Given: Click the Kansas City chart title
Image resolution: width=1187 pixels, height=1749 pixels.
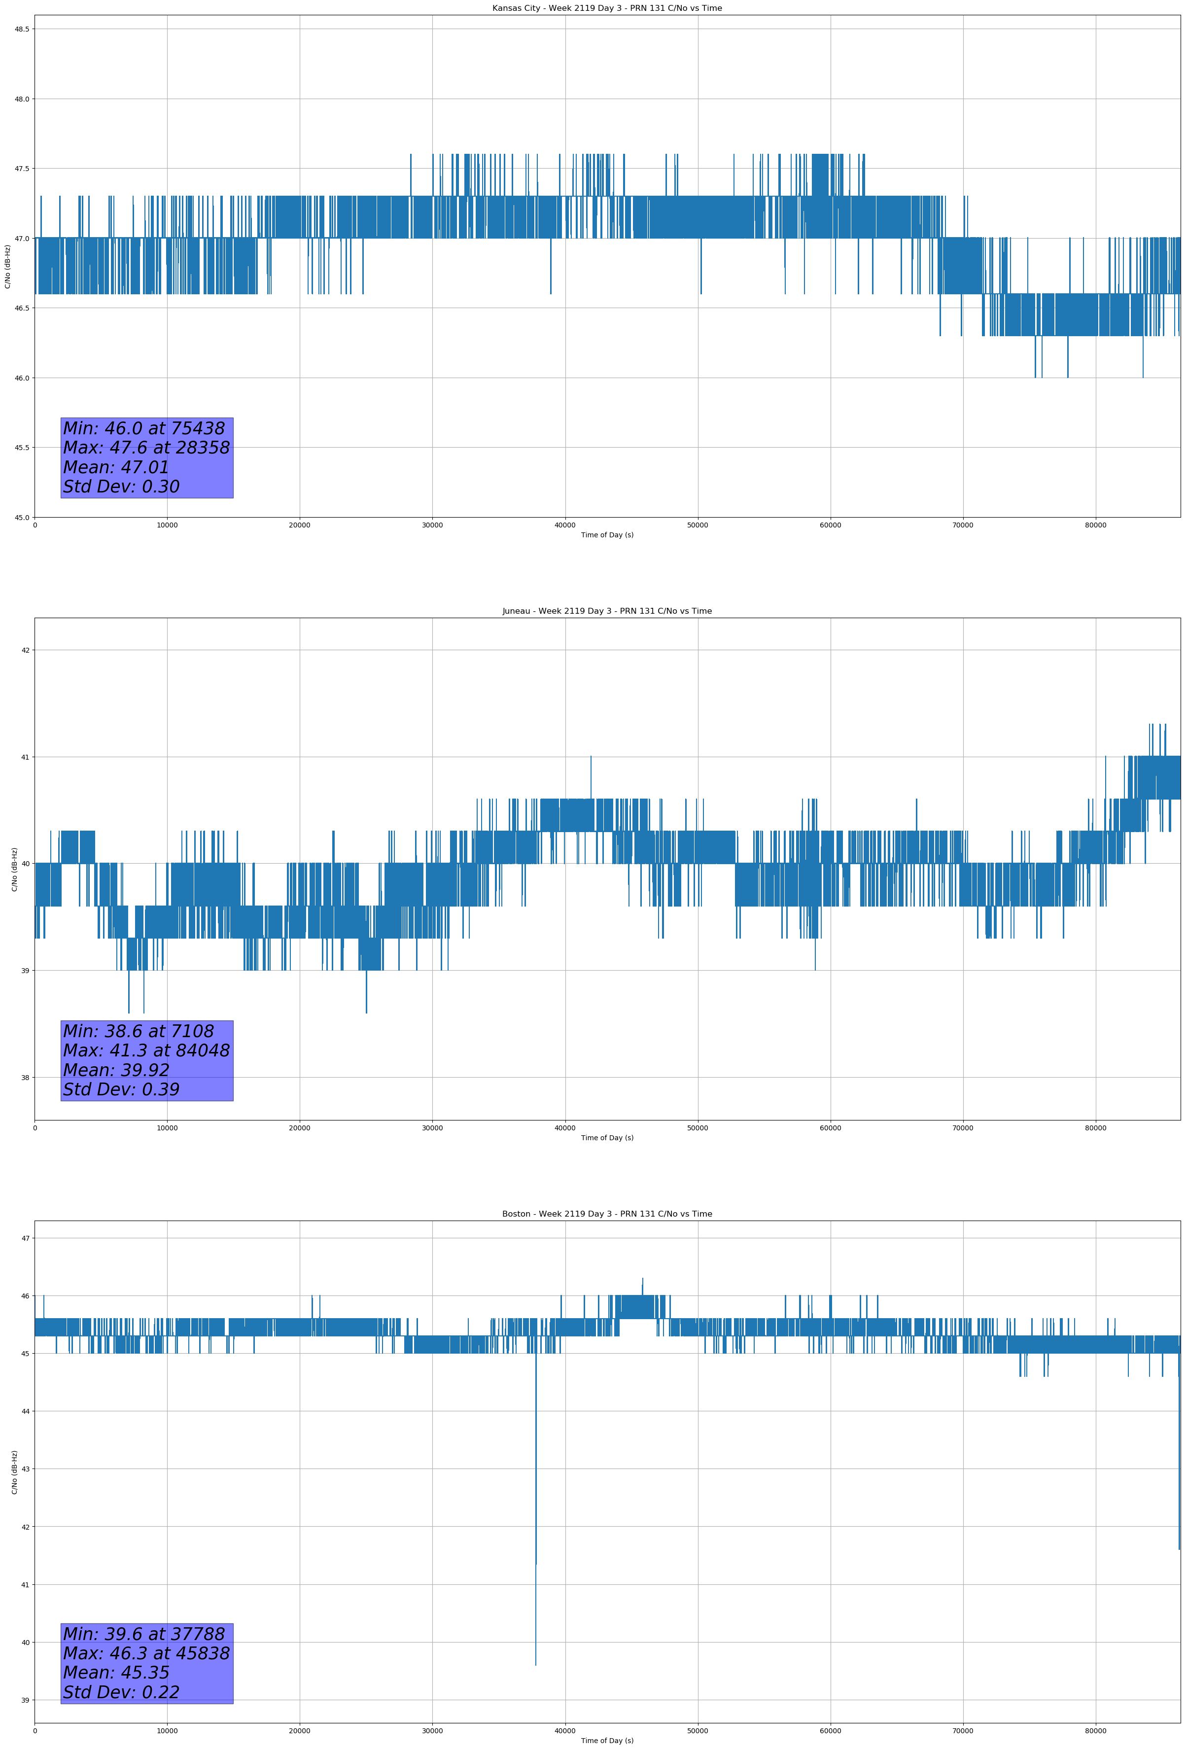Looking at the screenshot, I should (x=607, y=8).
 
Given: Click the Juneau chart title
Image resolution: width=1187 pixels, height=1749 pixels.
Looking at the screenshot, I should (x=607, y=611).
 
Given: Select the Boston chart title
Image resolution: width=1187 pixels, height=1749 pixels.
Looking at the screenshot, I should (x=607, y=1214).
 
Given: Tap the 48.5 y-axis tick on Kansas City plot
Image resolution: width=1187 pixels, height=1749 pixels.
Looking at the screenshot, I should (x=22, y=30).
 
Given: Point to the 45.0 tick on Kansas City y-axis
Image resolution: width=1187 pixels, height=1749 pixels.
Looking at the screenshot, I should (x=22, y=517).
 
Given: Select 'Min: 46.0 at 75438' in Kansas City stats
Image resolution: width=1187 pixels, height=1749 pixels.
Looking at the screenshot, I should (x=144, y=428).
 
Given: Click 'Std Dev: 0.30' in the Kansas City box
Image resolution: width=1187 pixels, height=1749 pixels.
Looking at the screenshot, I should (x=121, y=487).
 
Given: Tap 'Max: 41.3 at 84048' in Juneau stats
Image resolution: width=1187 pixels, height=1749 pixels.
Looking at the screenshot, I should (x=146, y=1050).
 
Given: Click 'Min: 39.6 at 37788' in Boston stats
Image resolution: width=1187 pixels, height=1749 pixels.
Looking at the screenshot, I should (x=144, y=1634).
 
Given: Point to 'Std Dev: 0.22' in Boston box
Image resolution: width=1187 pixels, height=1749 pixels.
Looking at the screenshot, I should (x=121, y=1692).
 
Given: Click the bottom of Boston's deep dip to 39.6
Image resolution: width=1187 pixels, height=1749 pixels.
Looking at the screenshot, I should (x=536, y=1664).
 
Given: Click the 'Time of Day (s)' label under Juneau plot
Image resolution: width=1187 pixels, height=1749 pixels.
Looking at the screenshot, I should (x=607, y=1138).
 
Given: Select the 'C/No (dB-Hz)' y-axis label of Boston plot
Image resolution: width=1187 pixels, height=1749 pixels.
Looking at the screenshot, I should (x=14, y=1472).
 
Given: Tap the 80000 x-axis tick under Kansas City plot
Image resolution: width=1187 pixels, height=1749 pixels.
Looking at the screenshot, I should (x=1095, y=525).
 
